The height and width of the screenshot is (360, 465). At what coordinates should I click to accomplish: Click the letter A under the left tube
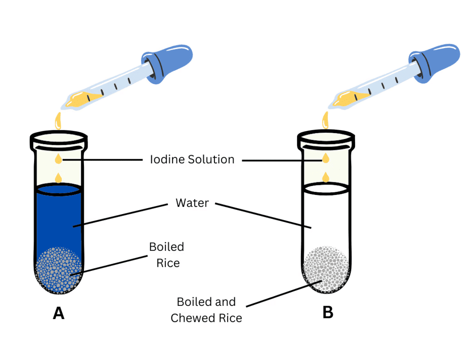click(58, 313)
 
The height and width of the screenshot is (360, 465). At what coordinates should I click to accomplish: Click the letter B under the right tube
click(327, 313)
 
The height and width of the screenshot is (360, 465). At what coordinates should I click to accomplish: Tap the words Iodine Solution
click(192, 160)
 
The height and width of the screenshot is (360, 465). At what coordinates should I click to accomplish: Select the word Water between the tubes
click(192, 203)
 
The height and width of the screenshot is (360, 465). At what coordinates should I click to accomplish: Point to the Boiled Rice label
click(167, 255)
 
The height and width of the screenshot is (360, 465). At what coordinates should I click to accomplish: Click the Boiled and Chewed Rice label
click(206, 310)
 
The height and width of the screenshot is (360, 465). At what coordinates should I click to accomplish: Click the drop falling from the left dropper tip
click(58, 120)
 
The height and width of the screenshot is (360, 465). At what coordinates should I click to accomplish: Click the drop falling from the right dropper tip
click(326, 120)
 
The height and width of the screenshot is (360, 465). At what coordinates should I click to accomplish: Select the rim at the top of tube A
click(58, 136)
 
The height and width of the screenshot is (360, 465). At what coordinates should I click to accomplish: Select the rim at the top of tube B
click(326, 136)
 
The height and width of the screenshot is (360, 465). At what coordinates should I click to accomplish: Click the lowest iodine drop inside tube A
click(58, 177)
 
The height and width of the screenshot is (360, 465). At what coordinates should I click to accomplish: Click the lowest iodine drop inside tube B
click(326, 177)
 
